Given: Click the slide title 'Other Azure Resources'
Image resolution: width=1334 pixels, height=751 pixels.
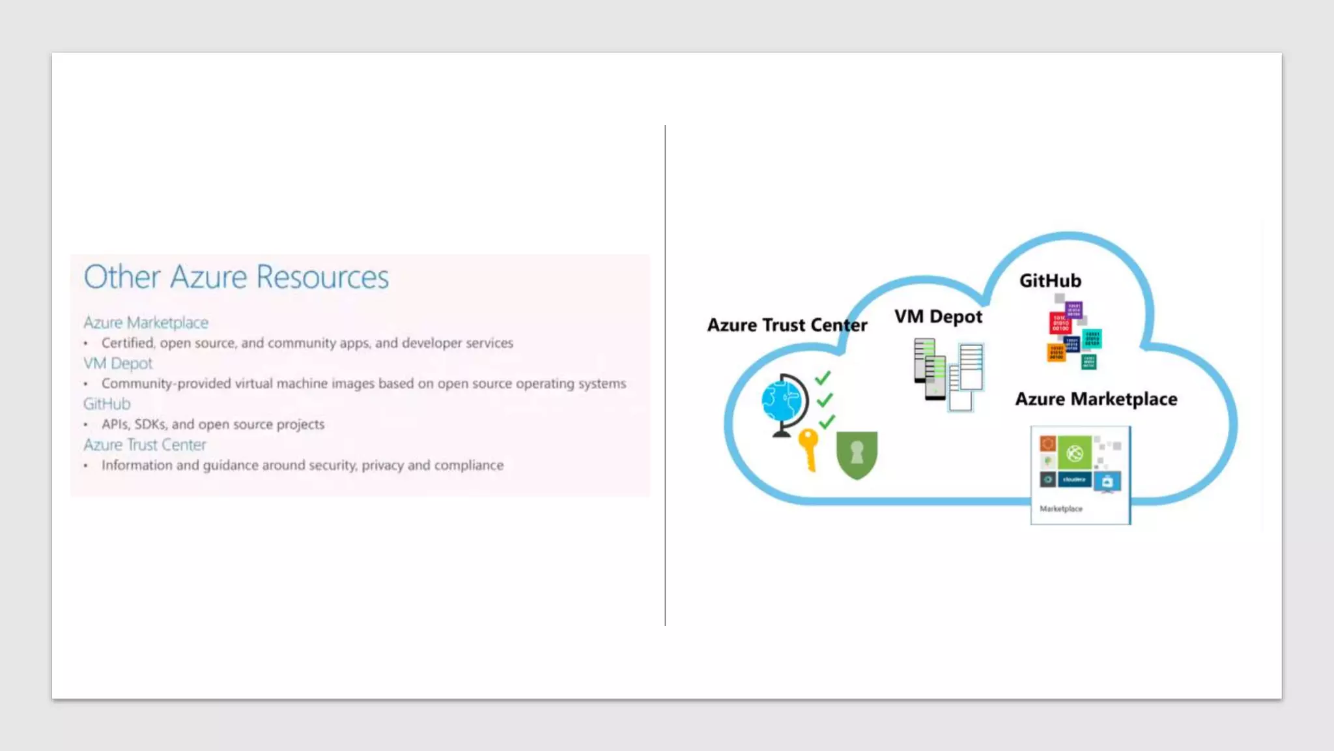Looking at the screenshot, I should click(236, 277).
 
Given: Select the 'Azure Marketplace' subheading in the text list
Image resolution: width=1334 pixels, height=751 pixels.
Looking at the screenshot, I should click(146, 323).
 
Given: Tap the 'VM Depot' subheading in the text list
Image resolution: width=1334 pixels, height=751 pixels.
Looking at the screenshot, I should click(118, 363).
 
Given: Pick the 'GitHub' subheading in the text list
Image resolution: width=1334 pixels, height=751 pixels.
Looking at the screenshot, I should click(107, 404).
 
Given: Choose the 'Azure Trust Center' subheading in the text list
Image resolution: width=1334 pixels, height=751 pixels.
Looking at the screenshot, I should click(145, 445).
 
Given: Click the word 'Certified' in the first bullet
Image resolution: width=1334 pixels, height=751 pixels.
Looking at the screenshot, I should click(128, 343).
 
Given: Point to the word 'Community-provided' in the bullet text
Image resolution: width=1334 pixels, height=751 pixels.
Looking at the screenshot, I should click(166, 383).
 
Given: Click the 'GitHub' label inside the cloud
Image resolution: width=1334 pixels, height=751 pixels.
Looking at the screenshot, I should click(1050, 281).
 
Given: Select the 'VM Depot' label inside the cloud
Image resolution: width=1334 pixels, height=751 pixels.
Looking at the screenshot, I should click(938, 317).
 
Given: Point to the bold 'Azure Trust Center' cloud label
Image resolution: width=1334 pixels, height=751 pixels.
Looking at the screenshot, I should click(787, 325).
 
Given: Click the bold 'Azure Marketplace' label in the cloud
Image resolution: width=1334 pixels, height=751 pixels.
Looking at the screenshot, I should click(1096, 399).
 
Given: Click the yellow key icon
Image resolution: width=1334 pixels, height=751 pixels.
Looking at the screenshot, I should click(808, 448).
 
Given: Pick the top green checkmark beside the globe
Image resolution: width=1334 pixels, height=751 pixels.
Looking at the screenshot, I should click(823, 377).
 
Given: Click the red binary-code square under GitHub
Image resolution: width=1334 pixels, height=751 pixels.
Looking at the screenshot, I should click(1060, 323).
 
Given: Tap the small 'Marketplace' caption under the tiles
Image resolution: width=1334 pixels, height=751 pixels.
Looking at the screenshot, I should click(1061, 509).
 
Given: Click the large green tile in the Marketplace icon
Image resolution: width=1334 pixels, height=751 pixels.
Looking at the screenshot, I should click(1074, 453).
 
